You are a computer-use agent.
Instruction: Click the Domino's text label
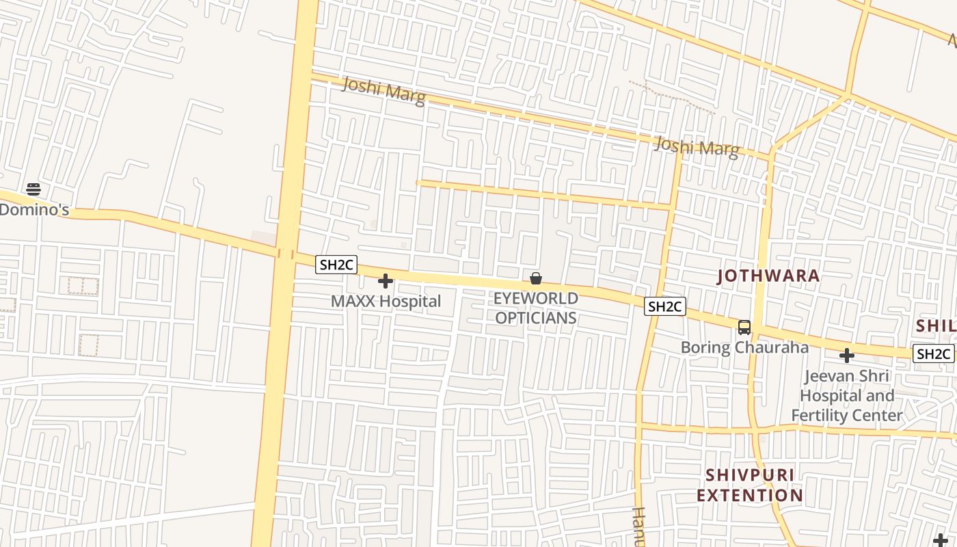tap(34, 209)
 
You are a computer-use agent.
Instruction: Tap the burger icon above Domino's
tap(33, 189)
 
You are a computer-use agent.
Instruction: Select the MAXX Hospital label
tap(386, 301)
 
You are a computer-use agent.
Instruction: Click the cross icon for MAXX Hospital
tap(386, 281)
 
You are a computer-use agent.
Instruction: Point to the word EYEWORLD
tap(536, 298)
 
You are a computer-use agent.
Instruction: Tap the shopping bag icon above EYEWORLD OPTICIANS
tap(536, 278)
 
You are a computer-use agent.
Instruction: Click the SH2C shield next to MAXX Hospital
tap(336, 265)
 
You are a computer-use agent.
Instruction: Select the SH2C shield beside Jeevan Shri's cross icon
tap(934, 353)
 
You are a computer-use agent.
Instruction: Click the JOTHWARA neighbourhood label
tap(768, 276)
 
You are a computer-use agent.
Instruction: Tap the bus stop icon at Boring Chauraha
tap(744, 328)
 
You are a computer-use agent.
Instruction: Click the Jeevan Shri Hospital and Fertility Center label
tap(847, 395)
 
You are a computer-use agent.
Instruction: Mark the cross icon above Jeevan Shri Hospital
tap(847, 356)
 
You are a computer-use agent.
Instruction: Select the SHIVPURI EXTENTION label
tap(750, 485)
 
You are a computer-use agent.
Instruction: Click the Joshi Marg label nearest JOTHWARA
tap(697, 147)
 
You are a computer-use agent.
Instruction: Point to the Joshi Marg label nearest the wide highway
tap(383, 91)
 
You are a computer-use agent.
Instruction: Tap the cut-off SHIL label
tap(936, 325)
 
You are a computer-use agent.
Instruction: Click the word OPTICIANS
tap(536, 318)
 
